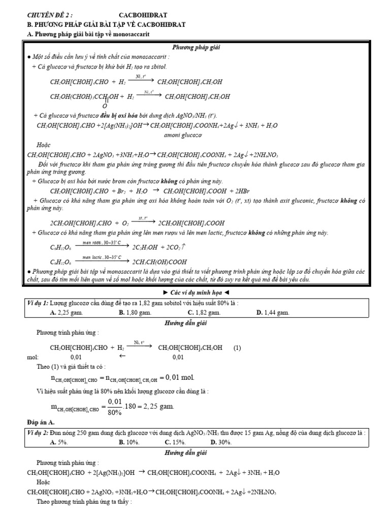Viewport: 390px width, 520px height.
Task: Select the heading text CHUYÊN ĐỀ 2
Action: point(50,15)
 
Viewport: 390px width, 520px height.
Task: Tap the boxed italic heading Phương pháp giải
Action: point(195,47)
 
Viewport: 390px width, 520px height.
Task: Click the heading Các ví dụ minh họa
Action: point(195,293)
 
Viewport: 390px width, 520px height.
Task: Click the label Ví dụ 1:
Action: point(39,304)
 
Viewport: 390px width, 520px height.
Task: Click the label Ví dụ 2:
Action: point(39,433)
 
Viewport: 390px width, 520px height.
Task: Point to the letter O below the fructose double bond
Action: point(105,106)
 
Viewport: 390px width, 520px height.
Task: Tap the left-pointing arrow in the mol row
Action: point(122,356)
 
